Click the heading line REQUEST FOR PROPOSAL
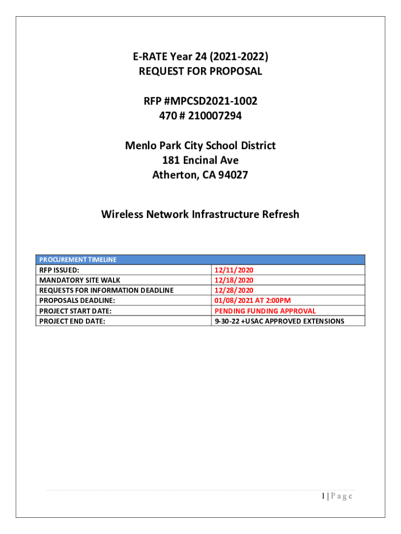tap(200, 71)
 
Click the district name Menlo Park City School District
tap(200, 145)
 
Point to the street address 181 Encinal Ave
tap(200, 161)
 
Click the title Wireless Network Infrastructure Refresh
tap(200, 214)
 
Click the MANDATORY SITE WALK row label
tap(80, 280)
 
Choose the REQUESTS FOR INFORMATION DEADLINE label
tap(107, 290)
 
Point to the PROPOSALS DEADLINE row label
tap(77, 300)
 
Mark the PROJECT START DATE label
tap(76, 311)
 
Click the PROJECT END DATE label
tap(72, 321)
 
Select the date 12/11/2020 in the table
tap(234, 270)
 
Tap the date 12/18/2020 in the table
tap(234, 280)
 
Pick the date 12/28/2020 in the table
tap(234, 290)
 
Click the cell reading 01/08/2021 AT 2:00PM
tap(253, 300)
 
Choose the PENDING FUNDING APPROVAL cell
tap(265, 311)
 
